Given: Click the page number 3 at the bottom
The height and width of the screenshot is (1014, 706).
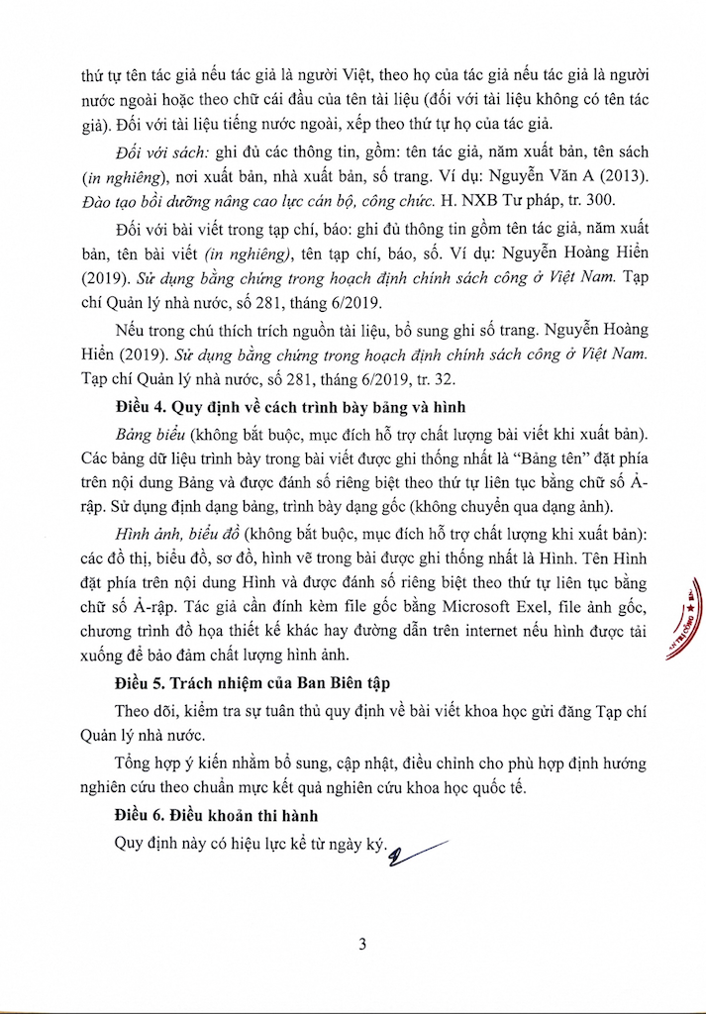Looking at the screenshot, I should [x=362, y=944].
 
